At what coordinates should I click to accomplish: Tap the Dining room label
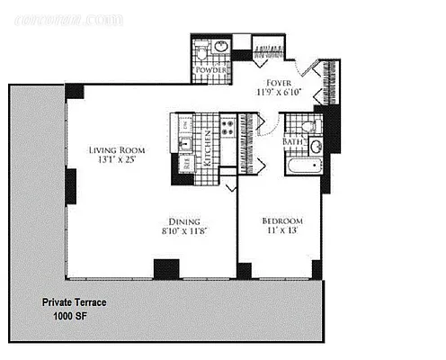186,221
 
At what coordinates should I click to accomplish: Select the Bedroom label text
281,221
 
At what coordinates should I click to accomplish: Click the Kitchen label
207,144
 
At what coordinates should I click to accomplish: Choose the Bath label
293,141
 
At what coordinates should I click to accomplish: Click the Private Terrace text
75,303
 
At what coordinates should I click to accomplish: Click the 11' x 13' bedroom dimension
281,232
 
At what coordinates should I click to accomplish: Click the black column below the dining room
166,268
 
